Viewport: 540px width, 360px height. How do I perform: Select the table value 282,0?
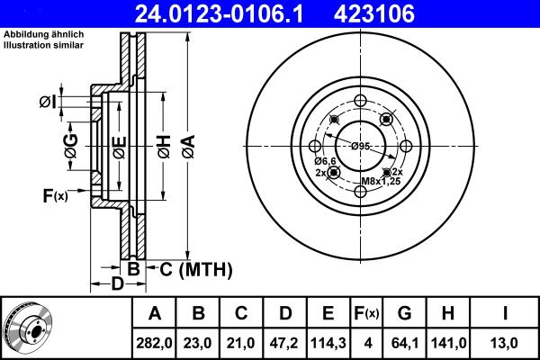(x=155, y=342)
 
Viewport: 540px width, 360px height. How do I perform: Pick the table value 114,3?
(x=328, y=342)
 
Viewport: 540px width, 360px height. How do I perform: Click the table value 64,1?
(x=404, y=342)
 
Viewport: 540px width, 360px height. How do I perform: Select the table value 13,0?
(x=506, y=342)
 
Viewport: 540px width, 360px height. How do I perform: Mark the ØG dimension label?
(x=70, y=144)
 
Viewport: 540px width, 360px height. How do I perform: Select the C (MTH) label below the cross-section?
(x=196, y=268)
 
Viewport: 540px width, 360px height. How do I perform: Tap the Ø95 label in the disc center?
(x=361, y=147)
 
